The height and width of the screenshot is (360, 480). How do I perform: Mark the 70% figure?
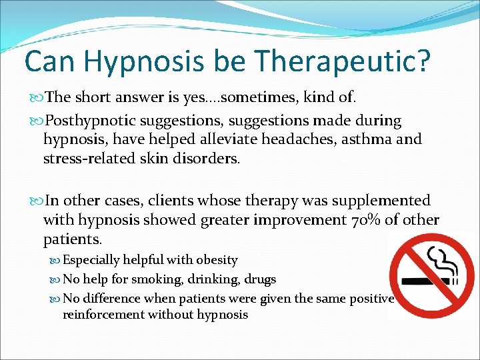(x=365, y=221)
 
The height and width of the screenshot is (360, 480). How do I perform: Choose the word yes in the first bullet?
(x=203, y=97)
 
